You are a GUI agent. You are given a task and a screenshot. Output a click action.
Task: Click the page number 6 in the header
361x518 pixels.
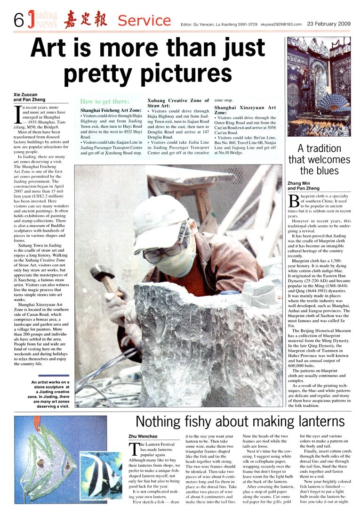(x=19, y=19)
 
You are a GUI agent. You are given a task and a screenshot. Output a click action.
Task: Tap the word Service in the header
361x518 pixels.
(x=144, y=20)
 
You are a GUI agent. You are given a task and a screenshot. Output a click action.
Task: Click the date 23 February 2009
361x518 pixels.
(x=329, y=23)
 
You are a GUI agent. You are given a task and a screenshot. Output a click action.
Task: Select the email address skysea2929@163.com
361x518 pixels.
(x=282, y=24)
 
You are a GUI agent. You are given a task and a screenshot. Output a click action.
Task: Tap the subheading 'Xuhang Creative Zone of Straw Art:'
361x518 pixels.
(x=177, y=103)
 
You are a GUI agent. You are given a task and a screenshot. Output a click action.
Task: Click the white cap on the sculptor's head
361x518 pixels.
(x=159, y=217)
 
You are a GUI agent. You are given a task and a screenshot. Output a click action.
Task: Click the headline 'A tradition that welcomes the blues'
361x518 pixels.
(x=319, y=159)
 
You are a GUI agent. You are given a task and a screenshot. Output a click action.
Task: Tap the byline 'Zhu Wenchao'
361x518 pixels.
(x=143, y=436)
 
